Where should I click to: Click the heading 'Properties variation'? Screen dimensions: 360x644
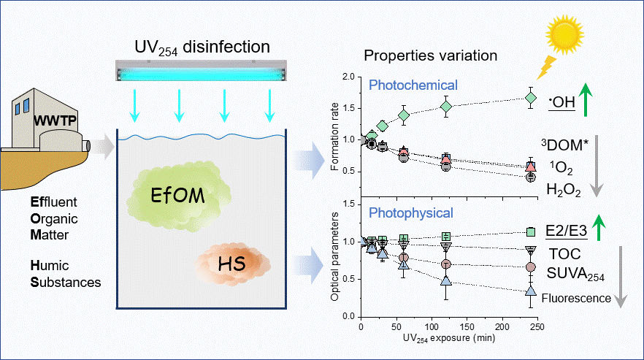431,56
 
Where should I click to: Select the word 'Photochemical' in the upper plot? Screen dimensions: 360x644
413,85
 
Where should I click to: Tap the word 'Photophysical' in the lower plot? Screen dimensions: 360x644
413,214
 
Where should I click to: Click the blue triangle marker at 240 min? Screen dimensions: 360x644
531,291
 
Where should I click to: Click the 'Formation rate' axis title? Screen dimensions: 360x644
334,139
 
